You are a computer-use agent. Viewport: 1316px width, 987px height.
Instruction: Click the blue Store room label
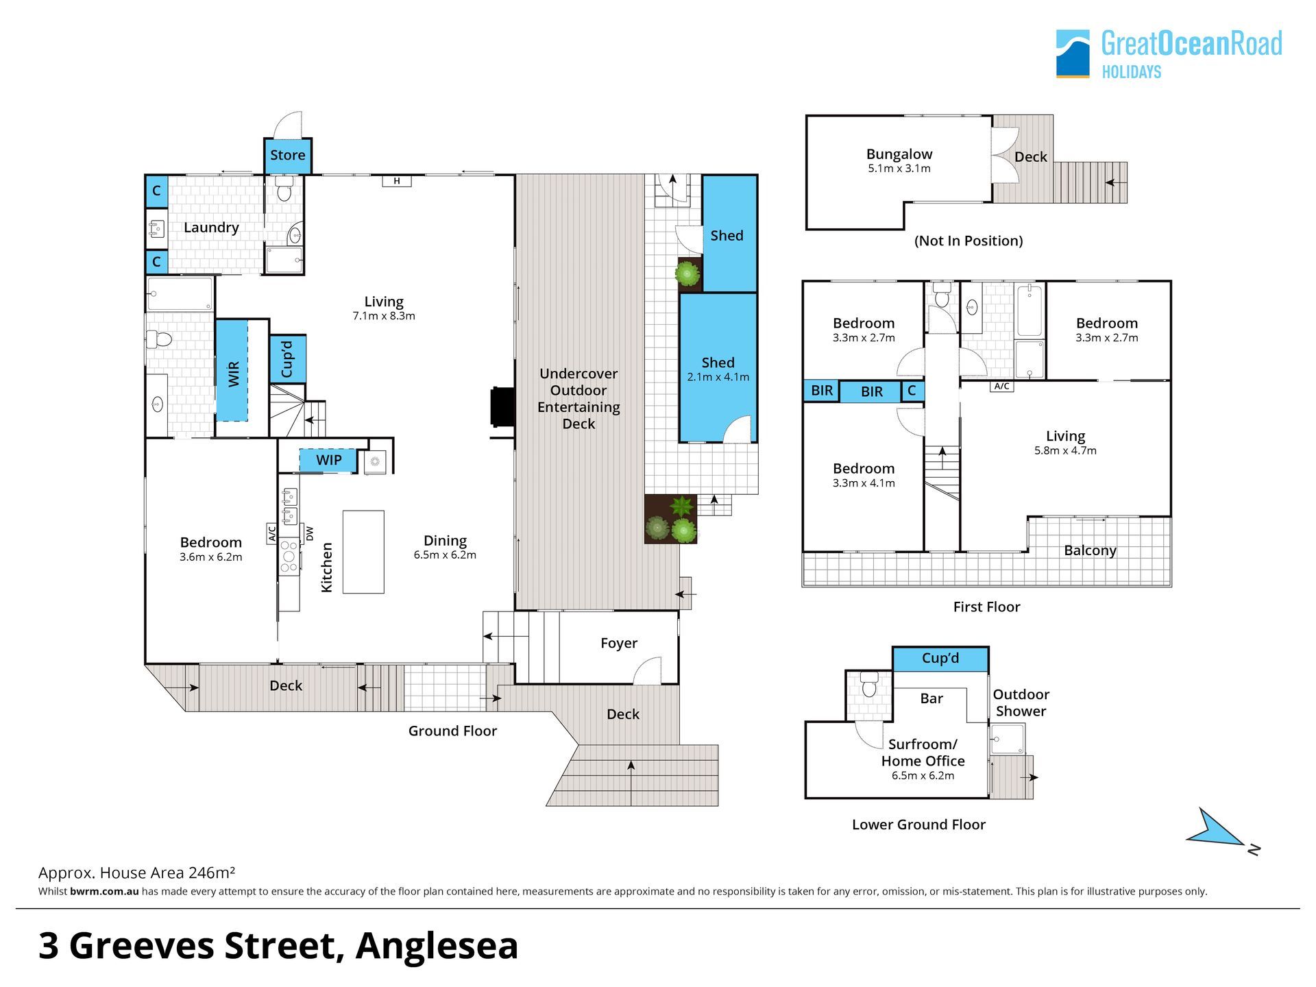287,155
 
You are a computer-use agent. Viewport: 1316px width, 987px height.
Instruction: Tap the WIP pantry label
329,460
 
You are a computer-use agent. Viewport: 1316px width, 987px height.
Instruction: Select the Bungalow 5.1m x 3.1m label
899,160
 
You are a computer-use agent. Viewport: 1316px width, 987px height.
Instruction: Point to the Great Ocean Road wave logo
1073,53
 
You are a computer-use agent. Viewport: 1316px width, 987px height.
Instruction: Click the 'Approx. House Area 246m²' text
136,873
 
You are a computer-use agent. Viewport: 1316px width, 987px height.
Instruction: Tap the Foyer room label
619,643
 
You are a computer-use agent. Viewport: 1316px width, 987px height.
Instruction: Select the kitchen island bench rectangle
363,552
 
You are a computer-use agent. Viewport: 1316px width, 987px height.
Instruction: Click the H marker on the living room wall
397,181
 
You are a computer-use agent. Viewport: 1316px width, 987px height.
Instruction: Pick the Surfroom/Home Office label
923,753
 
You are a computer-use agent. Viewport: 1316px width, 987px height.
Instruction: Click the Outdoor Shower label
1021,703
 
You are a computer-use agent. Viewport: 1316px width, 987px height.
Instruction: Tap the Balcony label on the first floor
1090,550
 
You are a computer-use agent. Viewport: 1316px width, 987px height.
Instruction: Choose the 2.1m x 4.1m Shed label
718,369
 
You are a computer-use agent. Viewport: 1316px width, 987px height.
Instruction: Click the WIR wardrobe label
234,374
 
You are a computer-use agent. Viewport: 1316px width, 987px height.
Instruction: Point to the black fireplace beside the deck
502,407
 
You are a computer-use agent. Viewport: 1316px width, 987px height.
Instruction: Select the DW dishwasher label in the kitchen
309,533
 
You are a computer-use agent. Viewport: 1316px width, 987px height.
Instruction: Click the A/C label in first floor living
1001,387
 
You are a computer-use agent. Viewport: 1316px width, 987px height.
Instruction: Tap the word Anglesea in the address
437,946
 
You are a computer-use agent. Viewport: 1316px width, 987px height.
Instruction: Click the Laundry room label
211,228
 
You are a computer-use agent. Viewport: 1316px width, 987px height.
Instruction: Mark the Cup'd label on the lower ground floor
940,658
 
